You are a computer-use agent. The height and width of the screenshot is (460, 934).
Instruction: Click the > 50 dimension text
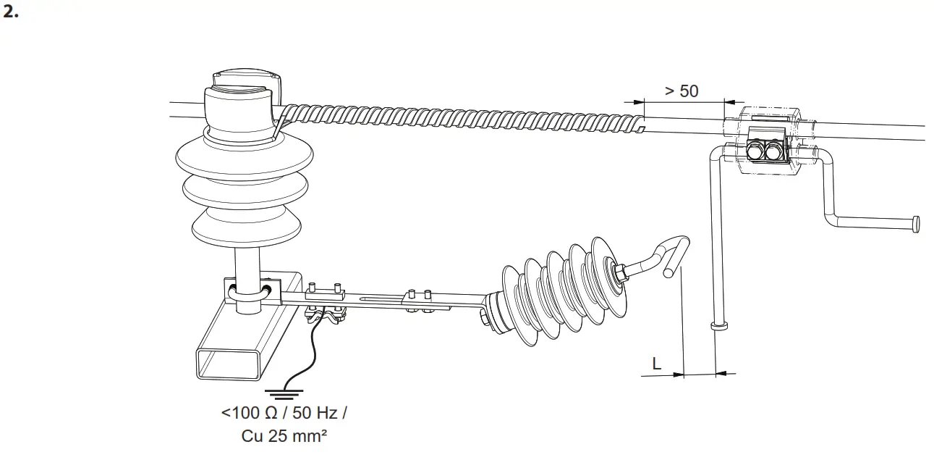click(x=681, y=91)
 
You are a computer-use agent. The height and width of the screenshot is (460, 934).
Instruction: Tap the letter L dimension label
click(x=656, y=364)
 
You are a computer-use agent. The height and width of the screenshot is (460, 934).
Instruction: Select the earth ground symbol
click(x=284, y=394)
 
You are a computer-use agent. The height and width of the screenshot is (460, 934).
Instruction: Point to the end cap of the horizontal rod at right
click(x=917, y=225)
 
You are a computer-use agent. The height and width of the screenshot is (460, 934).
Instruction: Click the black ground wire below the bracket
click(x=304, y=355)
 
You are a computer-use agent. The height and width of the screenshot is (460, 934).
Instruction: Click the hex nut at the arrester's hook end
click(x=620, y=272)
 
